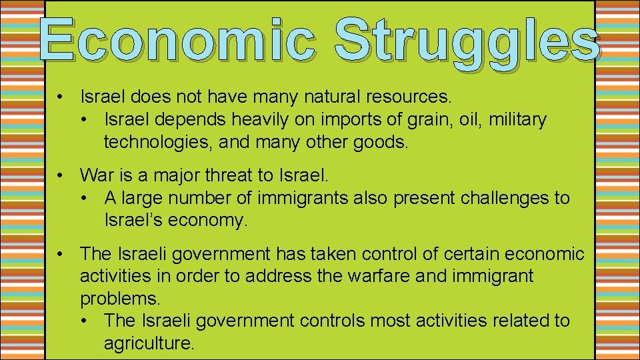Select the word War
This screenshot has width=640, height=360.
coord(96,175)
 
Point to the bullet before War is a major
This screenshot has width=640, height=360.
coord(60,175)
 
